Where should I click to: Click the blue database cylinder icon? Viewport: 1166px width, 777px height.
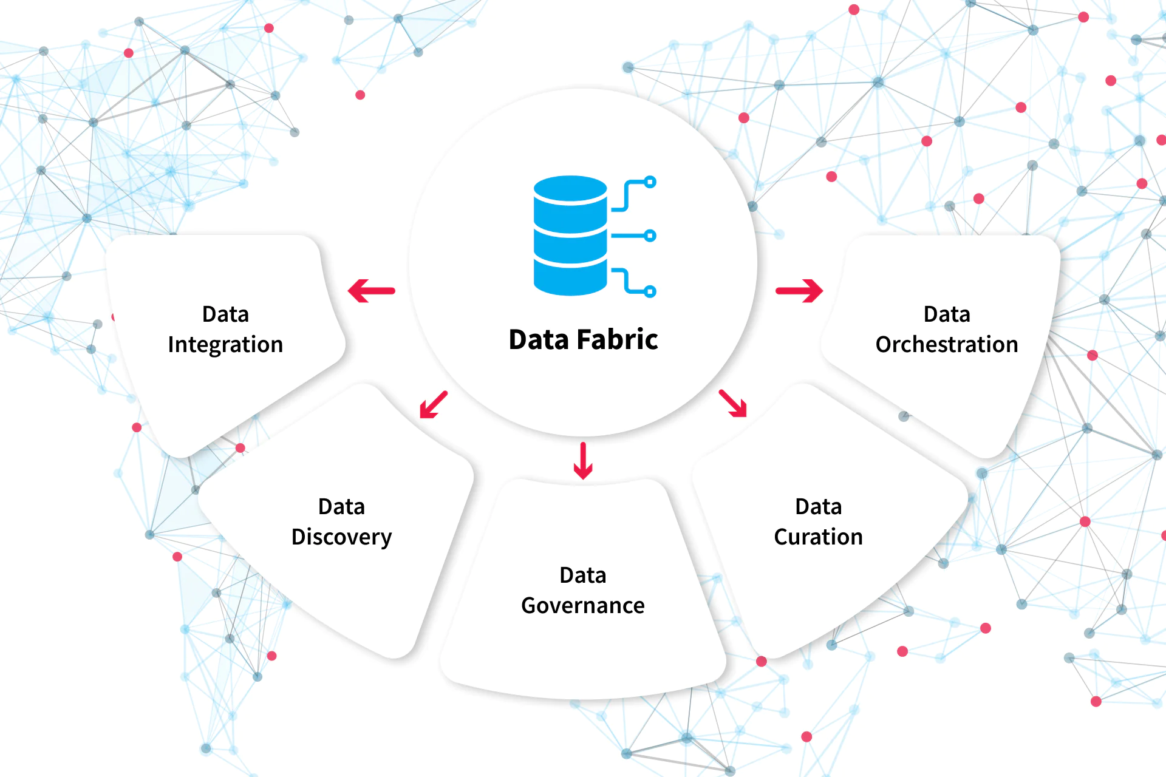pos(570,236)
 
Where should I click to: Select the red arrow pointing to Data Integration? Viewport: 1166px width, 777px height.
pos(371,291)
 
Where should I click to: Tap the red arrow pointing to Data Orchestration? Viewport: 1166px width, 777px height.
pos(799,291)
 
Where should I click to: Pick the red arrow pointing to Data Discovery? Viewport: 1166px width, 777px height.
pos(434,404)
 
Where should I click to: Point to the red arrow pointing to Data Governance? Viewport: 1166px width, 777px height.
pos(583,461)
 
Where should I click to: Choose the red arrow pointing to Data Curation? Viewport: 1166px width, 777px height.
pos(733,404)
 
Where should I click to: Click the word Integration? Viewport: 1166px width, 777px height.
pos(225,345)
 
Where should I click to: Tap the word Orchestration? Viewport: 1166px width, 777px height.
pos(946,345)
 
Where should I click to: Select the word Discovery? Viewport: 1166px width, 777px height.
pos(341,537)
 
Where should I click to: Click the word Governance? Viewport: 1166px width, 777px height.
pos(583,606)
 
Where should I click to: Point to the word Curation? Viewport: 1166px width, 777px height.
pos(818,537)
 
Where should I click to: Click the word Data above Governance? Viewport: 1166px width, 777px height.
pos(583,575)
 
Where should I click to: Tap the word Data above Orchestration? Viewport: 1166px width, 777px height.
pos(946,314)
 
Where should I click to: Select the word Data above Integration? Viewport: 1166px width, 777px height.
pos(225,314)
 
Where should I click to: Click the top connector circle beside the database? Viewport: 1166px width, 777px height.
pos(650,182)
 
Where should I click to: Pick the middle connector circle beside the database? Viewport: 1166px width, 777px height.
pos(650,236)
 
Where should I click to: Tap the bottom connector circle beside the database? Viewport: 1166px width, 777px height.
pos(650,292)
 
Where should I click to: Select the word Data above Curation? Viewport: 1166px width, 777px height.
pos(818,507)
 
